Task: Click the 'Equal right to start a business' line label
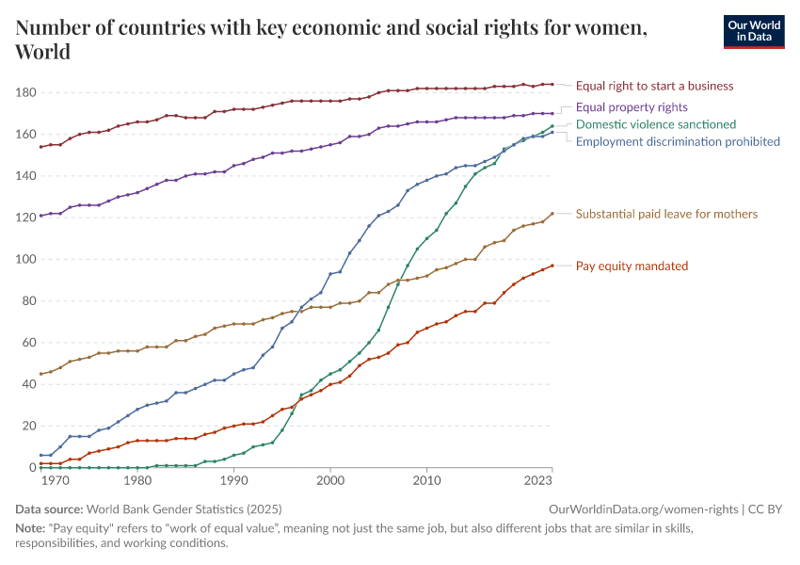[654, 86]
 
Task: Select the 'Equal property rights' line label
[632, 107]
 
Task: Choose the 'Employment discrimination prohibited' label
[678, 141]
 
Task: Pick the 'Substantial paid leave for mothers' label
[666, 214]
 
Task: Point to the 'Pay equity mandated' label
[632, 266]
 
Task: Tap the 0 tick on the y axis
[31, 467]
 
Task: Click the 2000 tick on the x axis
[330, 480]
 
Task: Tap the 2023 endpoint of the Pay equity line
[552, 266]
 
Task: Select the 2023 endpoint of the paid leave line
[552, 214]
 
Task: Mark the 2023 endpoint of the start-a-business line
[552, 85]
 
